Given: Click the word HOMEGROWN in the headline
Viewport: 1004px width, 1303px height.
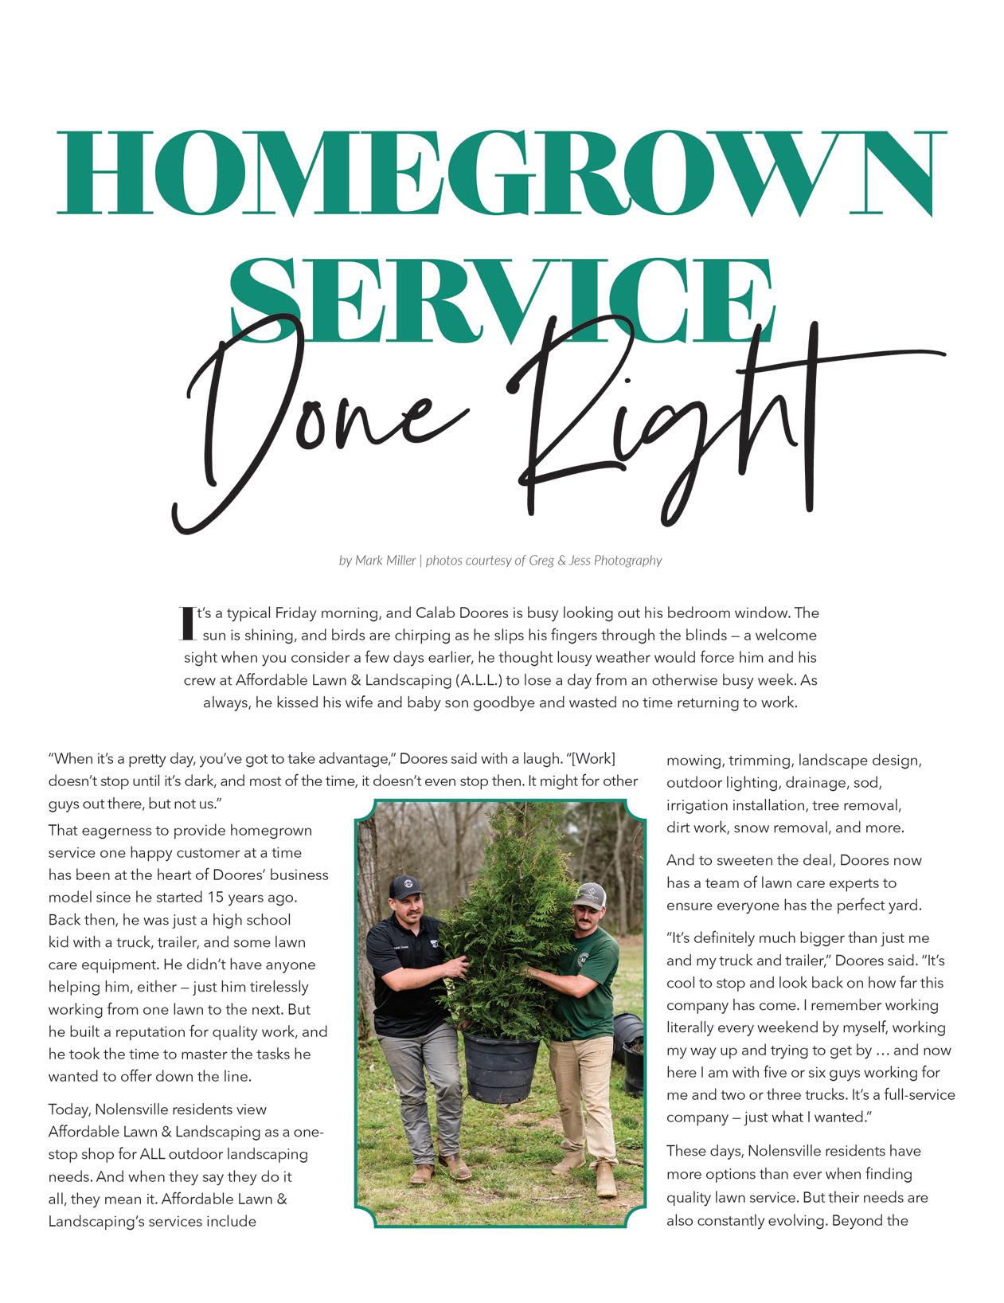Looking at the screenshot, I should pyautogui.click(x=502, y=173).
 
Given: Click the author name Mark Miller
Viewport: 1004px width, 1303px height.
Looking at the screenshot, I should pyautogui.click(x=385, y=561).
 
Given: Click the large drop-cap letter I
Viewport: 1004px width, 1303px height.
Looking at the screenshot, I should pyautogui.click(x=187, y=624).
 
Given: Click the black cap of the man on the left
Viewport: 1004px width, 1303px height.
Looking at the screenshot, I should pyautogui.click(x=406, y=886).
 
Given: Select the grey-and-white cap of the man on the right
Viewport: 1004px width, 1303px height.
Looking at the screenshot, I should pyautogui.click(x=590, y=894).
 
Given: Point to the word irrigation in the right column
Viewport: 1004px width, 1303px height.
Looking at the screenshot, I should pyautogui.click(x=697, y=805).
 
